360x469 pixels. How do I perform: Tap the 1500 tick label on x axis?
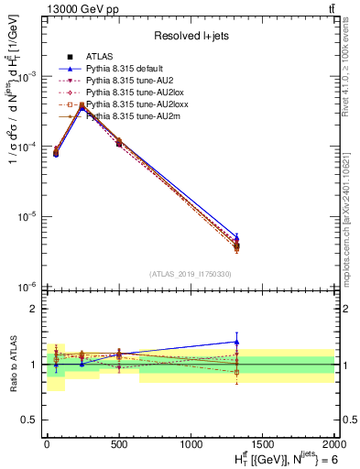262,442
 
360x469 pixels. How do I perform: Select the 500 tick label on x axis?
118,442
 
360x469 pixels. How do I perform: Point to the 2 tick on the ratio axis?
33,309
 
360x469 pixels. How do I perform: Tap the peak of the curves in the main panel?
82,106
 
